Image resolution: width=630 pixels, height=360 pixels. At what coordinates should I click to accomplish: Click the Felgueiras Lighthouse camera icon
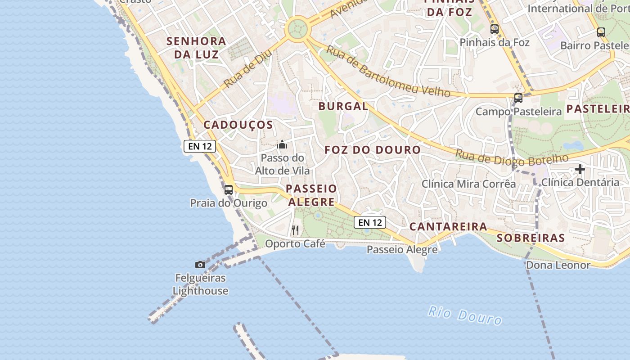point(200,265)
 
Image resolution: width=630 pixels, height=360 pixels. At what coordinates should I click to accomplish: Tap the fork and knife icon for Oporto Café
point(295,230)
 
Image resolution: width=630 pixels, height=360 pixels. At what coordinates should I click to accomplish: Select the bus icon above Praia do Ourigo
point(229,189)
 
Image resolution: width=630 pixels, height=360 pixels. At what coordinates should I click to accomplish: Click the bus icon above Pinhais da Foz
point(495,29)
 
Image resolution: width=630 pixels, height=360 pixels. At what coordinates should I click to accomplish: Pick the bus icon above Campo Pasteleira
point(518,98)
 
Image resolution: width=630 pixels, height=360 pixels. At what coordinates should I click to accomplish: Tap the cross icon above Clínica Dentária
point(580,169)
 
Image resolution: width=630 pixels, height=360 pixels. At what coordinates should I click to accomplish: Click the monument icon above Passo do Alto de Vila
point(282,144)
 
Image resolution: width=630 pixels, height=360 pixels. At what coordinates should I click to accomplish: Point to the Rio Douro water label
point(465,315)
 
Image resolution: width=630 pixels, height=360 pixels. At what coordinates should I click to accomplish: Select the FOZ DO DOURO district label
point(373,150)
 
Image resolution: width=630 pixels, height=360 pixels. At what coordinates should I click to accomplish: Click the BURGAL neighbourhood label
point(343,106)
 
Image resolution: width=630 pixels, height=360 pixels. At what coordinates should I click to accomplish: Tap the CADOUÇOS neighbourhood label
point(238,125)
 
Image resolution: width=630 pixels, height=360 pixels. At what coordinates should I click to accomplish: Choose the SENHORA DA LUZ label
point(196,48)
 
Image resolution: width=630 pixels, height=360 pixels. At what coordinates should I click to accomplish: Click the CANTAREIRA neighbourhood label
point(448,226)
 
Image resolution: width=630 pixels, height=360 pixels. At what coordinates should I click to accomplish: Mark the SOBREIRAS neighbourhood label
point(531,238)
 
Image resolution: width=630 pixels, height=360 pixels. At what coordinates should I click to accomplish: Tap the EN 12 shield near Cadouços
point(200,146)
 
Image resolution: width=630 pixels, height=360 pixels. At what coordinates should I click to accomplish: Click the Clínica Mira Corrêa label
point(468,184)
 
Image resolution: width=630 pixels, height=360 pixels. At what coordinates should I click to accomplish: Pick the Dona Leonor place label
point(558,265)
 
